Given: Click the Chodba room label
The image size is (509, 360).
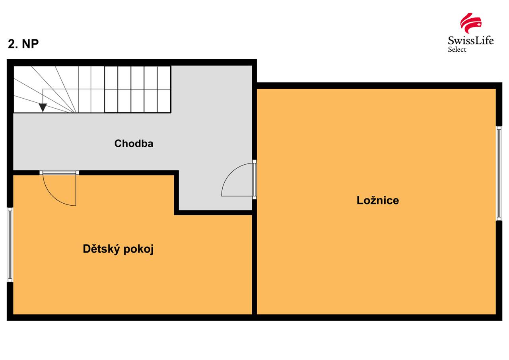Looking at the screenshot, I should (x=134, y=144).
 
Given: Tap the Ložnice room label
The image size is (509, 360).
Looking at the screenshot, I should (x=377, y=200).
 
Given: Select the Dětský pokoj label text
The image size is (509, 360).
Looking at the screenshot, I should (x=118, y=249).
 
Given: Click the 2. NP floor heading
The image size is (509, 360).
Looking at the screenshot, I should (x=23, y=44).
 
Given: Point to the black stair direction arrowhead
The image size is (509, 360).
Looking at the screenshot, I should (x=43, y=108).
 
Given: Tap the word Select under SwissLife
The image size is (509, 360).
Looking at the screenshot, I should (x=457, y=50).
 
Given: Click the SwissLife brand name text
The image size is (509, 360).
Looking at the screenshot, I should (x=470, y=41).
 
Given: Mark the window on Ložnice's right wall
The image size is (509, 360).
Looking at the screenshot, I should (x=499, y=173).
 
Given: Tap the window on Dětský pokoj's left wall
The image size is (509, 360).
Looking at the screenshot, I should (x=10, y=245).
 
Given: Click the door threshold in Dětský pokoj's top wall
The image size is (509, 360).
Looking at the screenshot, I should (x=59, y=173).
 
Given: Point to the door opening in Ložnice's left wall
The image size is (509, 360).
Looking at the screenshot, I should (x=254, y=179).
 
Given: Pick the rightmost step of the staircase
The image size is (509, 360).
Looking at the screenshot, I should (x=164, y=90).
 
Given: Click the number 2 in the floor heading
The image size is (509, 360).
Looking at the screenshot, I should (x=11, y=44).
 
